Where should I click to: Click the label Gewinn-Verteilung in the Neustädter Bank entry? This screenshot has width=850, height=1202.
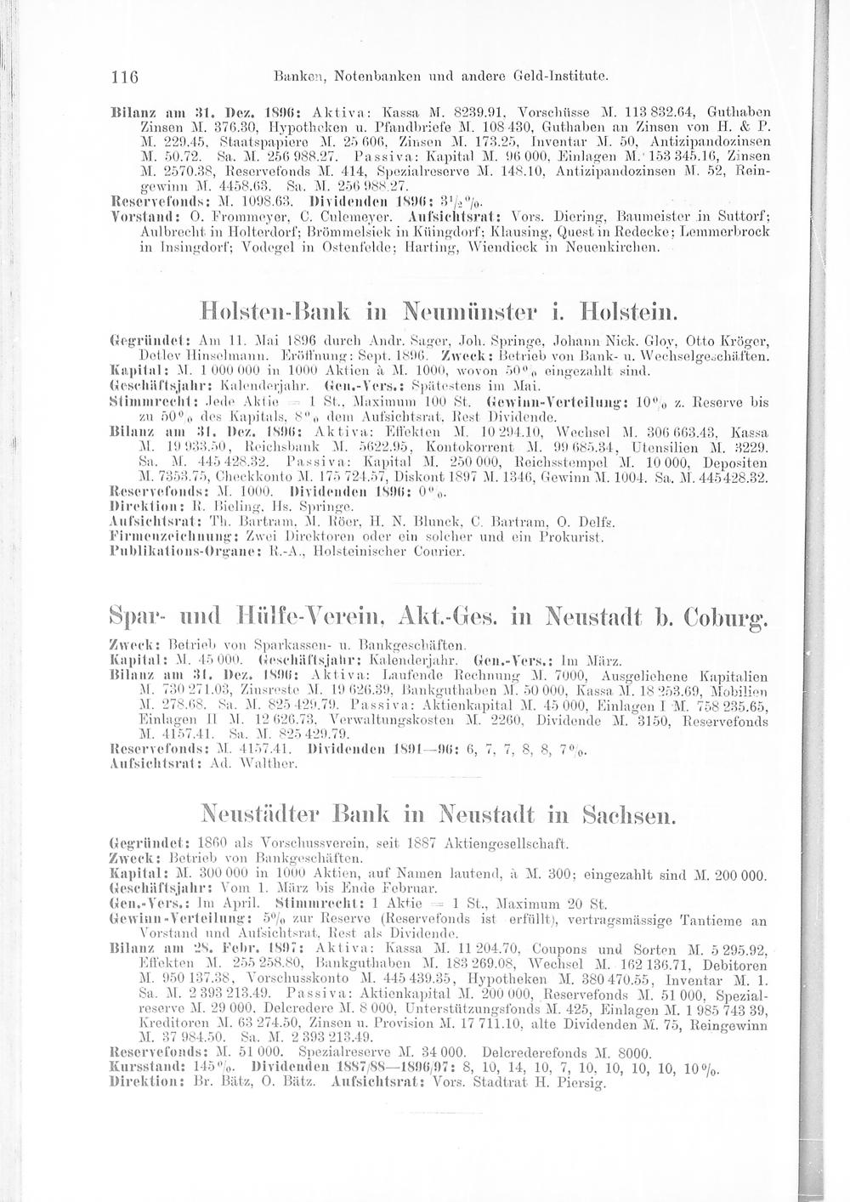click(161, 920)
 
